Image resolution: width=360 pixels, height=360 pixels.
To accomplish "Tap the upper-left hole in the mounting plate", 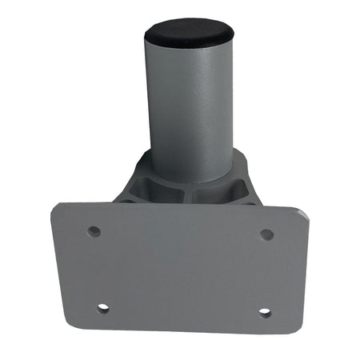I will pyautogui.click(x=94, y=231).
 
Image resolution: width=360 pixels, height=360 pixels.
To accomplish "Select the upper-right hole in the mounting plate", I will pyautogui.click(x=266, y=234).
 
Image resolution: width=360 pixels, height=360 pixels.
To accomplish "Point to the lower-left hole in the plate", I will pyautogui.click(x=102, y=307).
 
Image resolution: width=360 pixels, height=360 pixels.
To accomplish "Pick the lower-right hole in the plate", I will pyautogui.click(x=264, y=312).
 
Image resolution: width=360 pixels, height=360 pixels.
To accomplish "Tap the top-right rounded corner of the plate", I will pyautogui.click(x=302, y=211).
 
